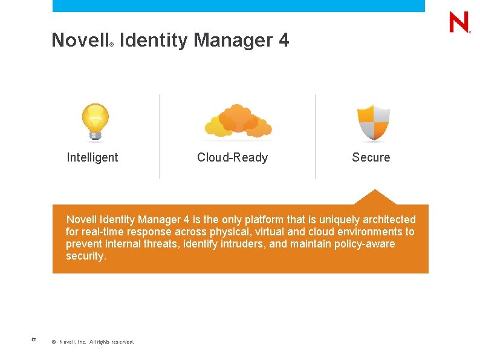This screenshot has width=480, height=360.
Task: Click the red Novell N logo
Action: [459, 22]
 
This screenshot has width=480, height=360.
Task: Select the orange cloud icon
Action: [238, 121]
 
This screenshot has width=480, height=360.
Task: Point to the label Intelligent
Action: [92, 158]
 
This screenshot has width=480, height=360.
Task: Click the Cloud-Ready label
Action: [232, 158]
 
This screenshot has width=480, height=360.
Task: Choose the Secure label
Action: [371, 158]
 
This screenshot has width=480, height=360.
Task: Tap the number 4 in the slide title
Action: [284, 41]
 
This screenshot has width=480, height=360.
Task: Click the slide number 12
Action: [34, 340]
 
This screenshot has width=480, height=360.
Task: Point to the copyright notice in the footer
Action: [93, 342]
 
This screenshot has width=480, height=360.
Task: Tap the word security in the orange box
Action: [85, 257]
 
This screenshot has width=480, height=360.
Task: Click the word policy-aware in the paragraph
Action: [363, 244]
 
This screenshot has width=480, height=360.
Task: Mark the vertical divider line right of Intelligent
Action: [160, 136]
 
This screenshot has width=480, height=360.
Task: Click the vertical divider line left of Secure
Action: [316, 136]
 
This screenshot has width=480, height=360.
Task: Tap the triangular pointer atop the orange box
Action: [375, 197]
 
